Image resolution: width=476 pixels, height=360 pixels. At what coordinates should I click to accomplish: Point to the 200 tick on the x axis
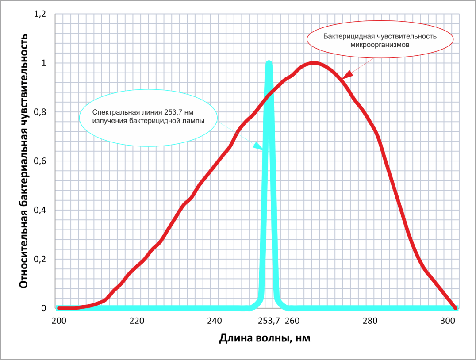pyautogui.click(x=59, y=321)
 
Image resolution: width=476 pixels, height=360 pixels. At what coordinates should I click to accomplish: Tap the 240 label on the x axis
pyautogui.click(x=215, y=321)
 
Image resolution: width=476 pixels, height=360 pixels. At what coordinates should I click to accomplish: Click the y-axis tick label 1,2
pyautogui.click(x=40, y=14)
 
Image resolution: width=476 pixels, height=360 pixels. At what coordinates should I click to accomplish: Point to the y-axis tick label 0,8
pyautogui.click(x=40, y=112)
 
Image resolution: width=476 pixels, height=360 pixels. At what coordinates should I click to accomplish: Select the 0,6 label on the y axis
pyautogui.click(x=40, y=161)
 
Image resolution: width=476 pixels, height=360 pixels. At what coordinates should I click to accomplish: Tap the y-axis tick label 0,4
pyautogui.click(x=40, y=210)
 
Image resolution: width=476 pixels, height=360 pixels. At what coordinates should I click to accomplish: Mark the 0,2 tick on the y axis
pyautogui.click(x=40, y=259)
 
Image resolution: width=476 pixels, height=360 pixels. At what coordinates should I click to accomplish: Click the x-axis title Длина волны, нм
pyautogui.click(x=264, y=338)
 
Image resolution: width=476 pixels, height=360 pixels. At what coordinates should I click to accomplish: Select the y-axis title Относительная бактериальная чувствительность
pyautogui.click(x=25, y=161)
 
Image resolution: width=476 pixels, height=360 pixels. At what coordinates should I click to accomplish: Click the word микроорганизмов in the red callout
pyautogui.click(x=380, y=45)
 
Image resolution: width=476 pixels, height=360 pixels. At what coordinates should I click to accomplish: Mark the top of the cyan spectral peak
pyautogui.click(x=269, y=63)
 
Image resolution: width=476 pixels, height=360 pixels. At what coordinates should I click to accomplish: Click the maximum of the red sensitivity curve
pyautogui.click(x=314, y=63)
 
